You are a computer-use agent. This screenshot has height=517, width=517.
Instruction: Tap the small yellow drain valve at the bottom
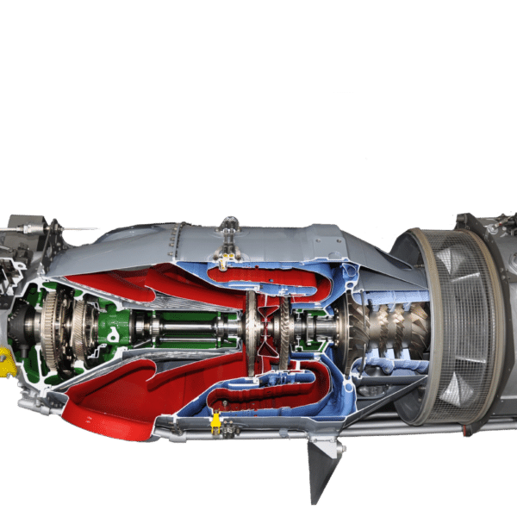pos(215,423)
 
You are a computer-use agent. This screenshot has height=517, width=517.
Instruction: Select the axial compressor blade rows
pos(396,327)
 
